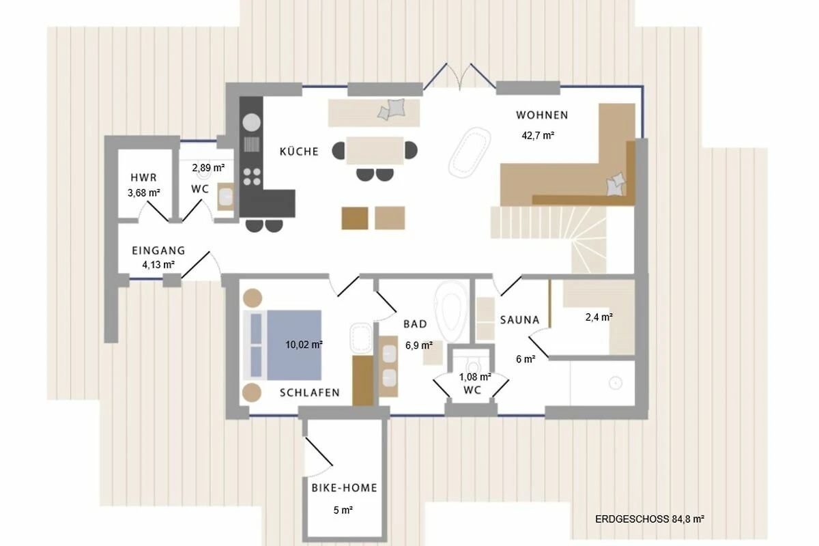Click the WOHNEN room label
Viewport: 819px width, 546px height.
(x=542, y=115)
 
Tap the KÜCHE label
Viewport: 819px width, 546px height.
(x=299, y=152)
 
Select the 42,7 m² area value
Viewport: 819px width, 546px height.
(x=538, y=136)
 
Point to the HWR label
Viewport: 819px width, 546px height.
(x=144, y=177)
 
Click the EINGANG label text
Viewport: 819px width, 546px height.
(x=158, y=251)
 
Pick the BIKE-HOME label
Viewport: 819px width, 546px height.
(x=345, y=488)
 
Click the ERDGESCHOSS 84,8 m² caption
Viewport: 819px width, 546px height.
(x=650, y=519)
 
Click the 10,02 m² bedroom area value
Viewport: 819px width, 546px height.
(x=304, y=345)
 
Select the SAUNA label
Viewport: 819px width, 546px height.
(x=520, y=320)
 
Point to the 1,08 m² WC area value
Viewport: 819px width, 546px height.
(x=475, y=377)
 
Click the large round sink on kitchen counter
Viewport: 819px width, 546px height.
(x=252, y=123)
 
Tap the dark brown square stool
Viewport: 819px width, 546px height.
(x=355, y=218)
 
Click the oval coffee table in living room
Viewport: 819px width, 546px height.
(x=470, y=152)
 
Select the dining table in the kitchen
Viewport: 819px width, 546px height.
(x=375, y=151)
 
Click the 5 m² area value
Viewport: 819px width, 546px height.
(x=343, y=510)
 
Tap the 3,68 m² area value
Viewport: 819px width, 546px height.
(x=144, y=192)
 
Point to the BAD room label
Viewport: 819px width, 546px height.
(x=416, y=324)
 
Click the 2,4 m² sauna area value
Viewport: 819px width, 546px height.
(x=599, y=317)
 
